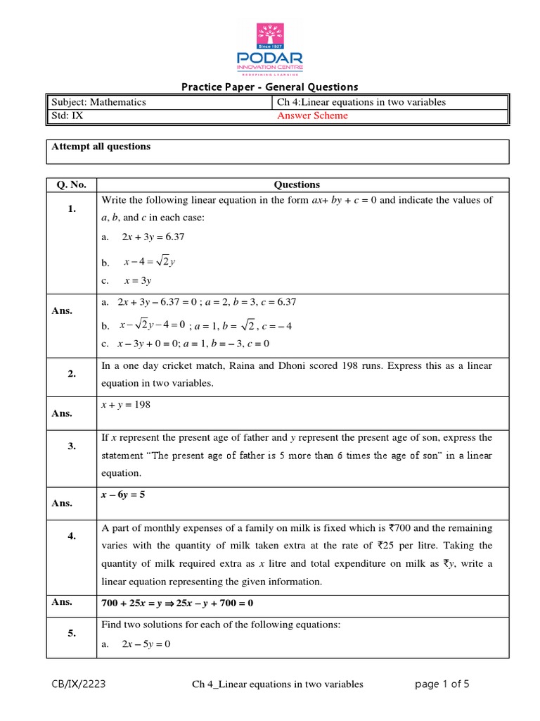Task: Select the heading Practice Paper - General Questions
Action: point(270,87)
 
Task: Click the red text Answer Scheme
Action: point(312,116)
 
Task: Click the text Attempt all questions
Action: point(101,146)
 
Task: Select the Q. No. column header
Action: point(71,184)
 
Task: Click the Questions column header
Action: point(297,184)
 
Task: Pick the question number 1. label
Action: point(71,209)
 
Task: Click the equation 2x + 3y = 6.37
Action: point(153,237)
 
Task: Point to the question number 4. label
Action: point(71,536)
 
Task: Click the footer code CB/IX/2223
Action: point(79,684)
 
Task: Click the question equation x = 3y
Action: point(138,280)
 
